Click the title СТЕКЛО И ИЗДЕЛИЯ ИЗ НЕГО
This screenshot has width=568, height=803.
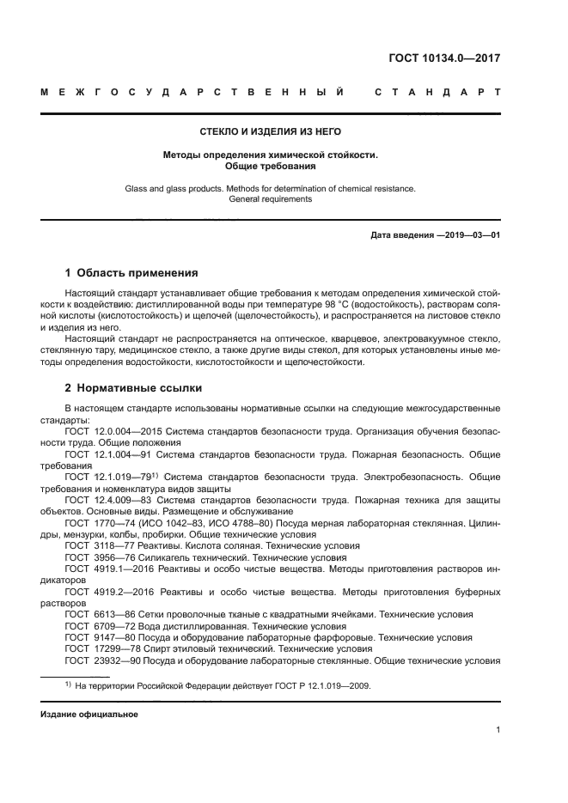click(x=271, y=131)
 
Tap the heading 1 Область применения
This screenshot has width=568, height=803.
click(x=131, y=274)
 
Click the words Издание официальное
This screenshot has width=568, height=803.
click(x=89, y=715)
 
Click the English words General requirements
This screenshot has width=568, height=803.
click(x=271, y=199)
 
